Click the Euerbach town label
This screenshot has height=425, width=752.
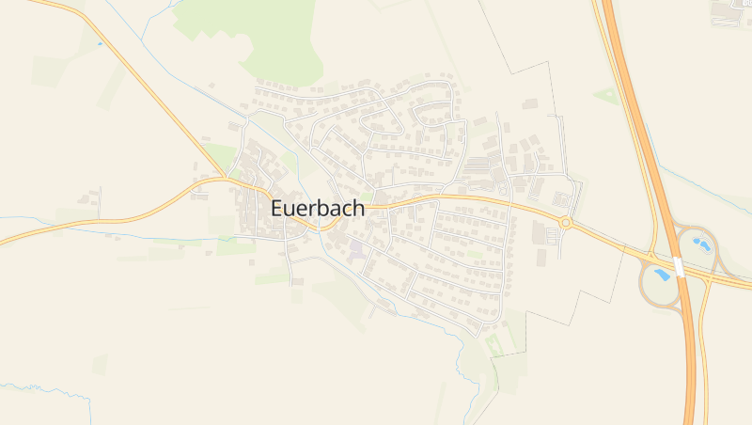[318, 209]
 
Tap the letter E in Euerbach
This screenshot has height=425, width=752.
[278, 209]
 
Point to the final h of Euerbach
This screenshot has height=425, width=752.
[358, 209]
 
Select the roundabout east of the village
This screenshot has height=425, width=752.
[566, 222]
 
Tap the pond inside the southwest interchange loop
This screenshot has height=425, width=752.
[663, 275]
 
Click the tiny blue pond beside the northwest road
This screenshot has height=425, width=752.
[99, 42]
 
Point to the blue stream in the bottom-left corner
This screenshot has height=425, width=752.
[38, 386]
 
